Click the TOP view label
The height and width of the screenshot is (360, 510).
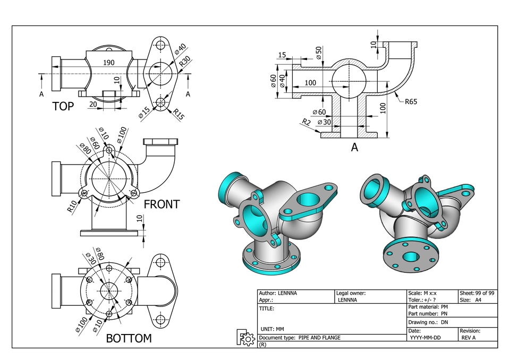[x=63, y=106]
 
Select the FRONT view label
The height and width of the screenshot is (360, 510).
[x=162, y=204]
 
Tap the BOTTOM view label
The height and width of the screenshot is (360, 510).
[x=129, y=338]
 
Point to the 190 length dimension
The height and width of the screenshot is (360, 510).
[x=109, y=63]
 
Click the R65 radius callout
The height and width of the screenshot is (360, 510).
[x=411, y=101]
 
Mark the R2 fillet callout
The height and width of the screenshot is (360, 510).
[x=306, y=122]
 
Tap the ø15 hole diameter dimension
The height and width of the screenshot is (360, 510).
[x=144, y=112]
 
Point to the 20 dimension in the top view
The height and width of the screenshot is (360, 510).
[x=93, y=104]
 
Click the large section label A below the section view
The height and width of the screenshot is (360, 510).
[x=354, y=148]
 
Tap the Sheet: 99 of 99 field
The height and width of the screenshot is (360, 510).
[x=477, y=293]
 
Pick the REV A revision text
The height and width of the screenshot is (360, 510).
[x=469, y=338]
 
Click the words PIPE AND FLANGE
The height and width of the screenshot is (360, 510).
[x=319, y=338]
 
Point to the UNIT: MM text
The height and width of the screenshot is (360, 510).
[x=272, y=329]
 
